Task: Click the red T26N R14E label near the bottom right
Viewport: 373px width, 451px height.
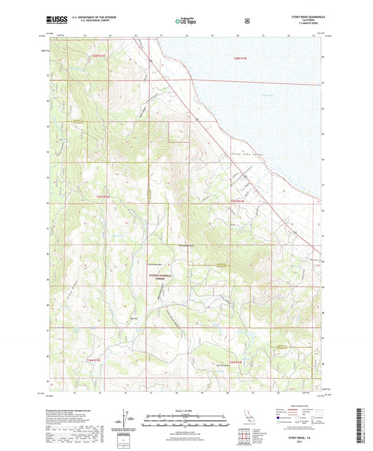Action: click(233, 362)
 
